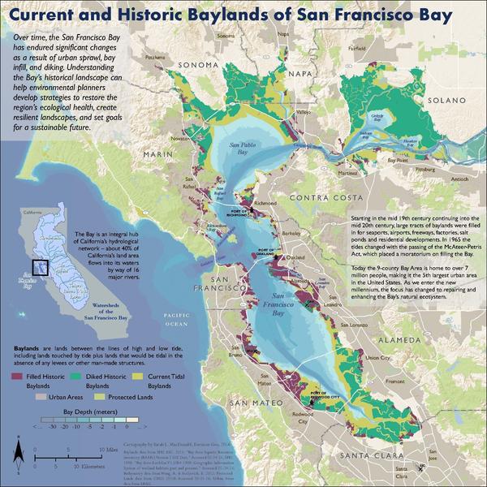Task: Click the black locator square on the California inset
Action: pyautogui.click(x=37, y=267)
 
